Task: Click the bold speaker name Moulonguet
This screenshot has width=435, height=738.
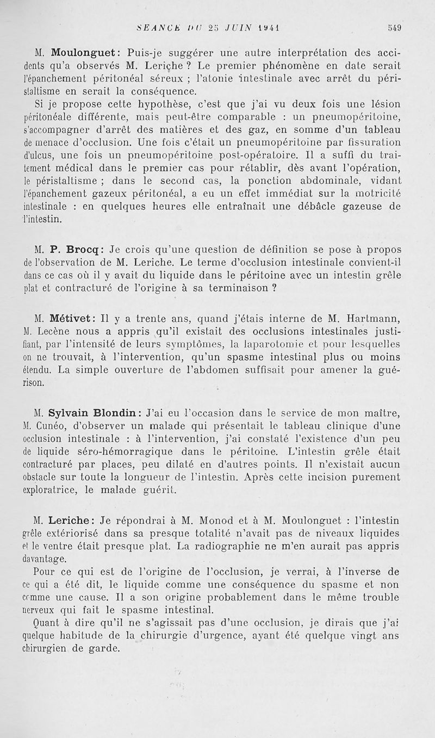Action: [x=84, y=53]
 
